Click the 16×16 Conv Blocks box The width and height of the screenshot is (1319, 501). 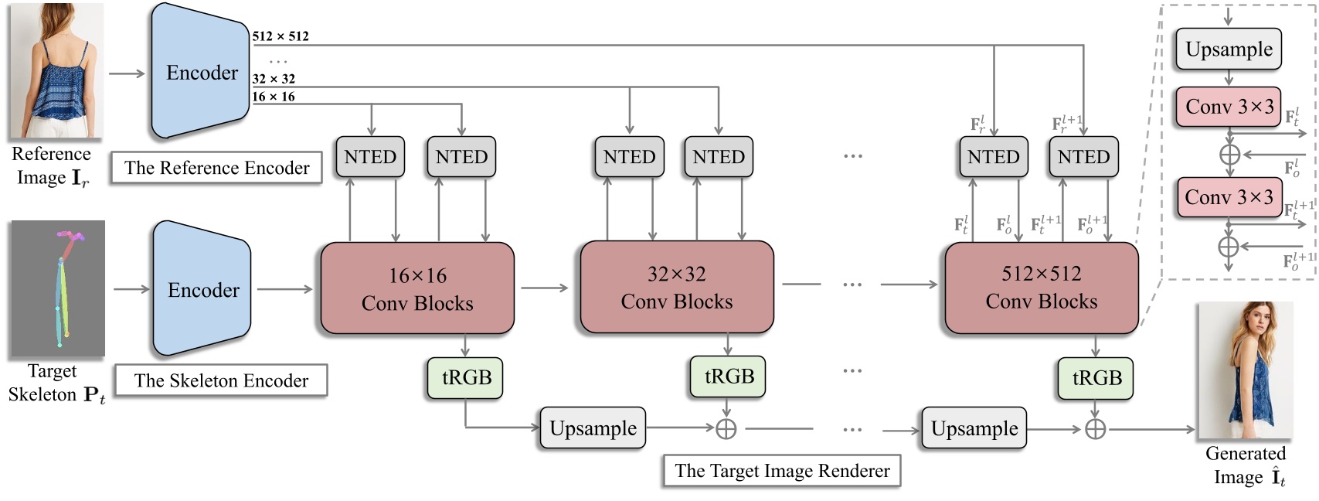[x=417, y=288]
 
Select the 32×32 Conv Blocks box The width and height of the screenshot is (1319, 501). [x=676, y=287]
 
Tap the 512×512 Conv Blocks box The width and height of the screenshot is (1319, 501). [x=1041, y=287]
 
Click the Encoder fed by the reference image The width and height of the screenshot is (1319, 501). [x=201, y=72]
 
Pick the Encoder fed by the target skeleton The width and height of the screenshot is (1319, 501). [x=202, y=289]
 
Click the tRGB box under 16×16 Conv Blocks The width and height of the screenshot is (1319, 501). [x=466, y=377]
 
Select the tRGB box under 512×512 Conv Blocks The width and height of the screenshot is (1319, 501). [x=1096, y=377]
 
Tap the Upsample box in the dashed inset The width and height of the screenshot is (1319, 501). [x=1229, y=49]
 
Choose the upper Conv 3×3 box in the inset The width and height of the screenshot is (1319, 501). [x=1229, y=107]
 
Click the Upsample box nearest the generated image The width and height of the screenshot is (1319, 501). [x=974, y=428]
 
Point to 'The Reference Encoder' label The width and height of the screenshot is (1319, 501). [x=216, y=168]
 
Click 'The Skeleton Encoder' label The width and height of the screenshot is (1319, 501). [x=221, y=380]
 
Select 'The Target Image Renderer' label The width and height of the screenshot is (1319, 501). [x=782, y=471]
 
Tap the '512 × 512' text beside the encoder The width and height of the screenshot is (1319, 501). [x=280, y=36]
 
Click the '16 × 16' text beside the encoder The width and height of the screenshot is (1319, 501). [x=274, y=97]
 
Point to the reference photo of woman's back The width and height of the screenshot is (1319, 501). [x=56, y=71]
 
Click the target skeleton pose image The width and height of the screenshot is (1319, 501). [x=57, y=288]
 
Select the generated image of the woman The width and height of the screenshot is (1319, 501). [x=1244, y=371]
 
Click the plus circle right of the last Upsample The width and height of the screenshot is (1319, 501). [x=1095, y=429]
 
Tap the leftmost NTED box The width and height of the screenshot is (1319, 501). [x=370, y=157]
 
